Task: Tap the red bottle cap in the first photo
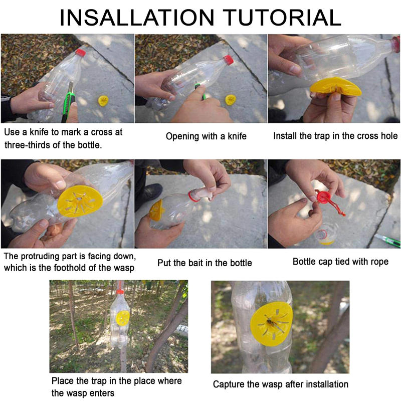[81, 52]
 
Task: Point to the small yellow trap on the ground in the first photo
[104, 100]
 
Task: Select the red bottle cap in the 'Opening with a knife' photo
[228, 60]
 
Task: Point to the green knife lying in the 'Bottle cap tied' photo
[388, 241]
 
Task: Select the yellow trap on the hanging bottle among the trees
[123, 317]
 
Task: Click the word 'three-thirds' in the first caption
[31, 145]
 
